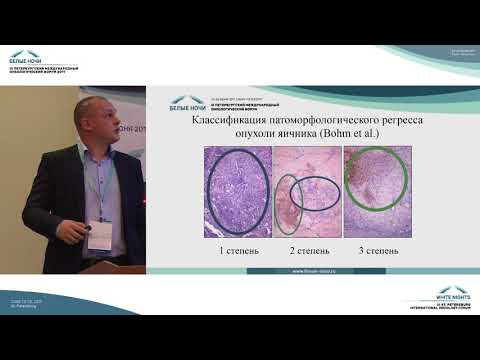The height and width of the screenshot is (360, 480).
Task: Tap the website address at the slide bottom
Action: (304, 269)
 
